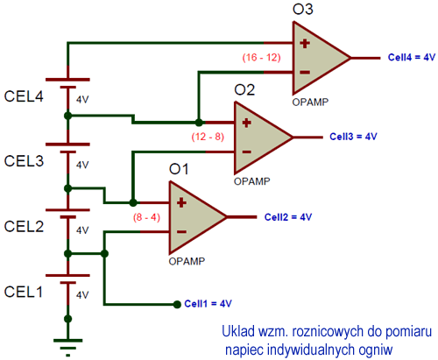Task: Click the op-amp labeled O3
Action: [318, 58]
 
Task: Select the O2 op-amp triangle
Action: [260, 138]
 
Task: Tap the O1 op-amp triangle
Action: [194, 217]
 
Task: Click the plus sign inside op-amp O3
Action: [305, 44]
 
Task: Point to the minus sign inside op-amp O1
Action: [181, 232]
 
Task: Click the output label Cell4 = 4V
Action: [412, 57]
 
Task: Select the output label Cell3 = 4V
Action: [353, 137]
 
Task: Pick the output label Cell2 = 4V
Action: [288, 217]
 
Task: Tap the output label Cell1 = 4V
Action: [208, 304]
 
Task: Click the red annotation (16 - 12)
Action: [261, 58]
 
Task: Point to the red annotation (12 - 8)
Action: [208, 137]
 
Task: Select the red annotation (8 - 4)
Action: [146, 217]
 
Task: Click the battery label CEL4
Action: [24, 96]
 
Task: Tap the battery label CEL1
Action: [24, 292]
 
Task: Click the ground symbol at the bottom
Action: [68, 348]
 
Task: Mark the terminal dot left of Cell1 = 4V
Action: [177, 305]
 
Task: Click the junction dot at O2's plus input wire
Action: [199, 123]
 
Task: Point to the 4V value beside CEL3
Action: [82, 165]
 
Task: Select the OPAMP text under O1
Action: [187, 261]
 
